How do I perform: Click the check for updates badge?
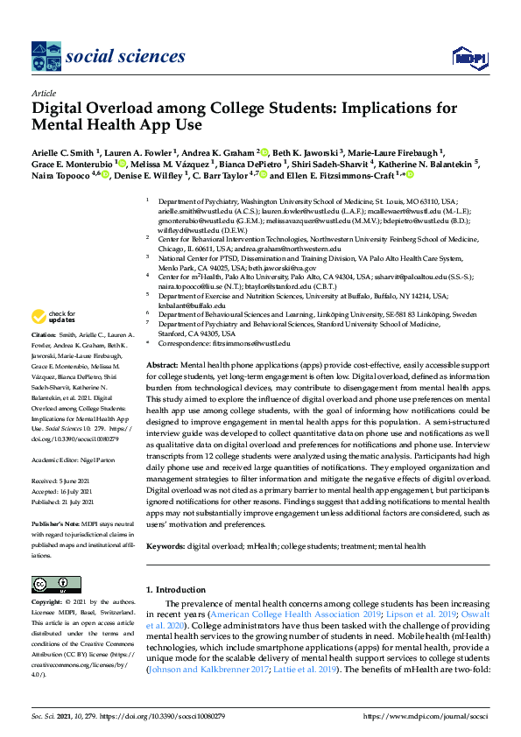coord(53,317)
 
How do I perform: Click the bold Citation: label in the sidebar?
coord(43,335)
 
